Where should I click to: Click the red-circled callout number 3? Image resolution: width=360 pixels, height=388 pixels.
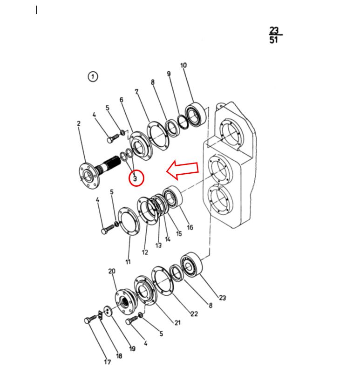(135, 178)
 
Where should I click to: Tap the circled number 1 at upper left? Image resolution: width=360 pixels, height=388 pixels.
(93, 76)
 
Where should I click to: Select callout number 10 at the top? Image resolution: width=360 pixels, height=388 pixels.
(183, 65)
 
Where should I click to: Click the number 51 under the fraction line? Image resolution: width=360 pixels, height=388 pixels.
(274, 40)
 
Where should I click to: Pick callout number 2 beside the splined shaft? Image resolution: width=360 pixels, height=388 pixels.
(79, 123)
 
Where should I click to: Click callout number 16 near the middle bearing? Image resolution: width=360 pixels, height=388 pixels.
(190, 227)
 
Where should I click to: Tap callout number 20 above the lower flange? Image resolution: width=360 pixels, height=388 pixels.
(112, 271)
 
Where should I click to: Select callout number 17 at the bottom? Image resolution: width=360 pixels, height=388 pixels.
(108, 362)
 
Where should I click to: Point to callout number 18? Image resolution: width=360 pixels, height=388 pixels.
(119, 356)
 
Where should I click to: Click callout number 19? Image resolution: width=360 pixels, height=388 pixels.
(132, 349)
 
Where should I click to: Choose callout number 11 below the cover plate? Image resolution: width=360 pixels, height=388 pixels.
(128, 262)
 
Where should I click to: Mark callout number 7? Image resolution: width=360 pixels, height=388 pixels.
(136, 92)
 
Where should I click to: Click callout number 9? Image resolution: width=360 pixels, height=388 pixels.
(169, 74)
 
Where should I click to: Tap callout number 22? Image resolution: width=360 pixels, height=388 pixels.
(194, 314)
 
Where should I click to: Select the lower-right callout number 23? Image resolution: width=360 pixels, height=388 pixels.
(223, 298)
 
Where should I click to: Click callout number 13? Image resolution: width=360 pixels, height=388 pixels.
(158, 245)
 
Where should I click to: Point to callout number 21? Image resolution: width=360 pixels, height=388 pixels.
(177, 323)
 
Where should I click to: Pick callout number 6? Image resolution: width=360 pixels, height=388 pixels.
(121, 100)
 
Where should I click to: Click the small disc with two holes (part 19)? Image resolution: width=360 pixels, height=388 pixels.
(108, 311)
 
